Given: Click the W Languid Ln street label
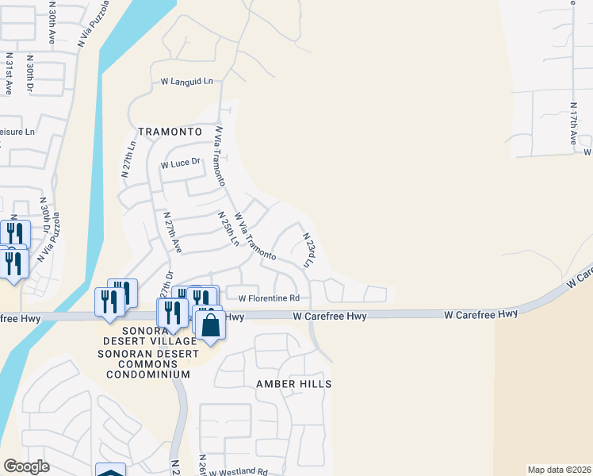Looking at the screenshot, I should tap(187, 81).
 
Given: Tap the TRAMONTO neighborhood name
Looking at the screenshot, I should tap(170, 132).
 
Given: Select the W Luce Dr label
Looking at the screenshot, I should tap(182, 164).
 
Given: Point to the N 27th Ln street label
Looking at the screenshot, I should tap(128, 159).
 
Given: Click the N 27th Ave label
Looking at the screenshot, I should tap(172, 232).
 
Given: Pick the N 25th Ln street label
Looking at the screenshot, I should tap(228, 228).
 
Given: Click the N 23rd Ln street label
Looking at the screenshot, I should tap(309, 248).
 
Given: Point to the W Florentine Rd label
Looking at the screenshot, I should tap(270, 298).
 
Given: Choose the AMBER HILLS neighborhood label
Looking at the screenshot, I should tap(293, 384).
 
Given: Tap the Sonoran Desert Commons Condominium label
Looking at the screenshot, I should tap(148, 363).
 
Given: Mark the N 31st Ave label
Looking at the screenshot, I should tap(9, 75).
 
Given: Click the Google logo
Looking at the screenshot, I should tap(26, 466).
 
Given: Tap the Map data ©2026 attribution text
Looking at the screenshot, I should tap(559, 470).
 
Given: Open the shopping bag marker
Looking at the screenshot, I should tap(210, 326).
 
